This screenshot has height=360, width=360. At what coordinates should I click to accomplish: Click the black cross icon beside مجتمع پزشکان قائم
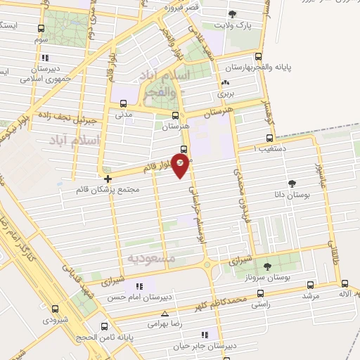click(x=107, y=179)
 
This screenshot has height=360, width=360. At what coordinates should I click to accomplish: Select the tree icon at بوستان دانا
click(x=303, y=185)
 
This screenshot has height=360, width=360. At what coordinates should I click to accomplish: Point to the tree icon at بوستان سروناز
click(x=267, y=266)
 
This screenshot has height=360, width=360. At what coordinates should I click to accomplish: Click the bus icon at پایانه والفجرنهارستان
click(x=259, y=57)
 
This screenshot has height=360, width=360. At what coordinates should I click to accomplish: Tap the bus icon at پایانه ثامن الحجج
click(x=105, y=326)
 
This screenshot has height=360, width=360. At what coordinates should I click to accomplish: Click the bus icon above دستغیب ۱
click(x=269, y=139)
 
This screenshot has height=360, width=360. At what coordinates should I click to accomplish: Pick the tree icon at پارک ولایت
click(x=233, y=14)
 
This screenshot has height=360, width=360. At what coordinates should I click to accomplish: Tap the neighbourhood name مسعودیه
click(x=147, y=258)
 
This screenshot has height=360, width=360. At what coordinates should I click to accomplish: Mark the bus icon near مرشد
click(x=311, y=285)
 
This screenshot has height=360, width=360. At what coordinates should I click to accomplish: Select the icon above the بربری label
click(x=225, y=83)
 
